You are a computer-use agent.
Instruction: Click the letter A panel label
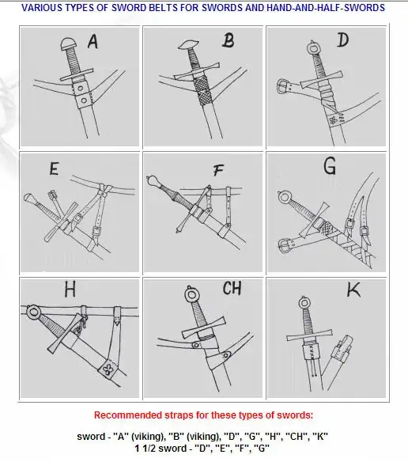click(x=93, y=42)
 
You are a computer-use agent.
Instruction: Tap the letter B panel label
click(x=229, y=40)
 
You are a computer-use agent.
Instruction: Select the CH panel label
click(x=232, y=288)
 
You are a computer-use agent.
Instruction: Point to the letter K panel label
click(x=353, y=290)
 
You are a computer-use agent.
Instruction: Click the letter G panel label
click(x=330, y=166)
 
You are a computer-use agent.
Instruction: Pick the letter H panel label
click(x=70, y=290)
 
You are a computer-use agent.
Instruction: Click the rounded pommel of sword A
click(x=69, y=44)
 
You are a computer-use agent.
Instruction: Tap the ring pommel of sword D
click(x=312, y=47)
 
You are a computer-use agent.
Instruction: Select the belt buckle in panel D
click(x=282, y=87)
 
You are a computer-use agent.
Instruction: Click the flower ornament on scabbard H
click(x=108, y=369)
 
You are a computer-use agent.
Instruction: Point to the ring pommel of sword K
click(x=304, y=303)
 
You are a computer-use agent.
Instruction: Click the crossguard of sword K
click(x=310, y=336)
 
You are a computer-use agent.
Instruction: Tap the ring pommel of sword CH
click(x=191, y=294)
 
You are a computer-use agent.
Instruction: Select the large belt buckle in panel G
click(x=284, y=245)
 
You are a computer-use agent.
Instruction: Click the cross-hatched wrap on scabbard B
click(x=203, y=91)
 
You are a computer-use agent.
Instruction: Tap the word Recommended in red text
click(x=128, y=415)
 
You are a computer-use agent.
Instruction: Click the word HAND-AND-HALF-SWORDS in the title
click(x=326, y=8)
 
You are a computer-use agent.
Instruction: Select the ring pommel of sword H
click(x=33, y=312)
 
